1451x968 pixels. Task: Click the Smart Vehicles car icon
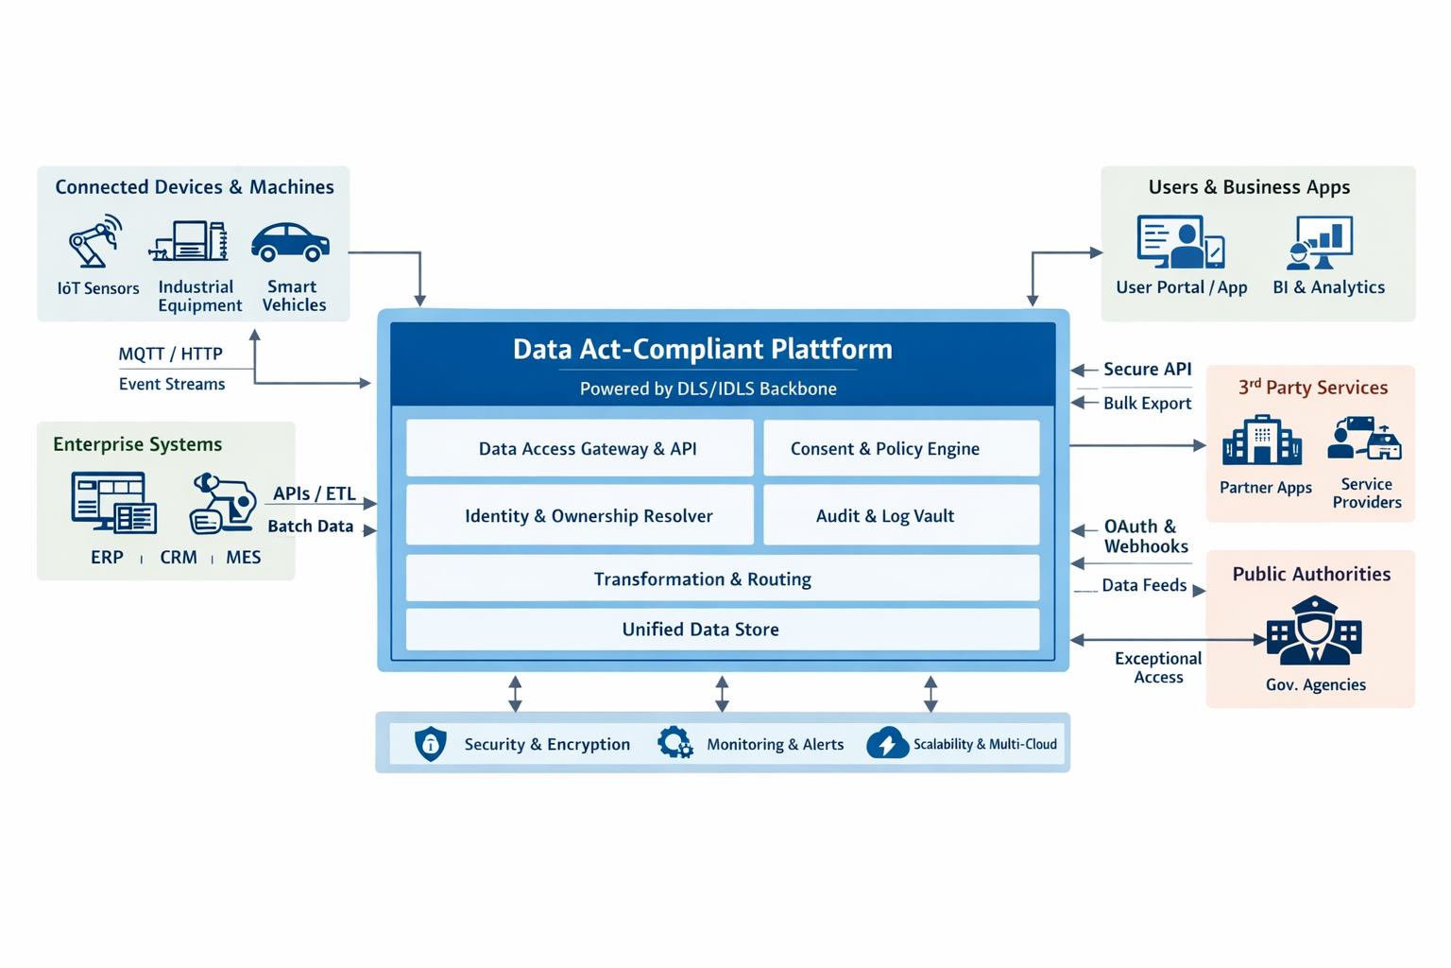pyautogui.click(x=290, y=243)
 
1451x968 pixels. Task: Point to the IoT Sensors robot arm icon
pyautogui.click(x=95, y=242)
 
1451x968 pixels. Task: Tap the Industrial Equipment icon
pyautogui.click(x=191, y=241)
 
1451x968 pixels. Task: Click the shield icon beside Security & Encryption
pyautogui.click(x=431, y=744)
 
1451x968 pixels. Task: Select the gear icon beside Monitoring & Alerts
pyautogui.click(x=674, y=743)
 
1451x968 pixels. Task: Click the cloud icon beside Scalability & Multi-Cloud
pyautogui.click(x=887, y=744)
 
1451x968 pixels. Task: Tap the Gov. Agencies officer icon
pyautogui.click(x=1314, y=631)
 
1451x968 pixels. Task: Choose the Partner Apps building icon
pyautogui.click(x=1261, y=441)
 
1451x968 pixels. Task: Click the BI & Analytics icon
pyautogui.click(x=1322, y=243)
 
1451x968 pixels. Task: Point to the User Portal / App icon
pyautogui.click(x=1180, y=242)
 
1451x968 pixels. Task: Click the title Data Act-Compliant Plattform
pyautogui.click(x=702, y=349)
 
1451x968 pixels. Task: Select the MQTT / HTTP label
pyautogui.click(x=170, y=354)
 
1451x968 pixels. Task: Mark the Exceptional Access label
pyautogui.click(x=1157, y=667)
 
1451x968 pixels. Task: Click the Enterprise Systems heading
pyautogui.click(x=137, y=444)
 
